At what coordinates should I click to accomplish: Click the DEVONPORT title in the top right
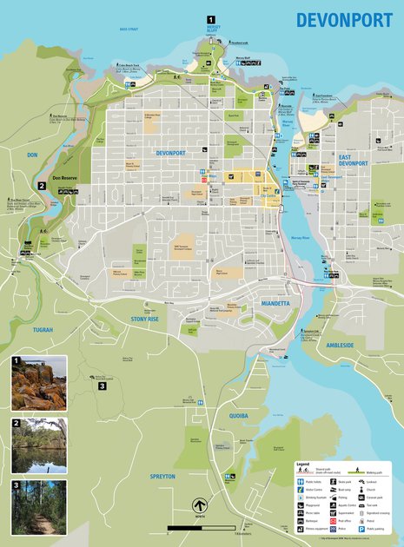click(343, 20)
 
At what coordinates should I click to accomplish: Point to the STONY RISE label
click(144, 320)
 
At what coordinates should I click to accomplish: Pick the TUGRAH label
click(43, 330)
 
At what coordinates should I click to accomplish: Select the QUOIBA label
click(238, 416)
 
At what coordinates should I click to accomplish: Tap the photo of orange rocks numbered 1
click(38, 384)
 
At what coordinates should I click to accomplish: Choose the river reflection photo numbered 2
click(38, 445)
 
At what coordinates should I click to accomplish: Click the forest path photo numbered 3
click(38, 507)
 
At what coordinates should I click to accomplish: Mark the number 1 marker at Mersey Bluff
click(209, 18)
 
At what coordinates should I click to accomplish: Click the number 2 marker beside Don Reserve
click(41, 185)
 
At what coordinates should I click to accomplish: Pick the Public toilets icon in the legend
click(301, 480)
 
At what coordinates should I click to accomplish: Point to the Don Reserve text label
click(66, 178)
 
